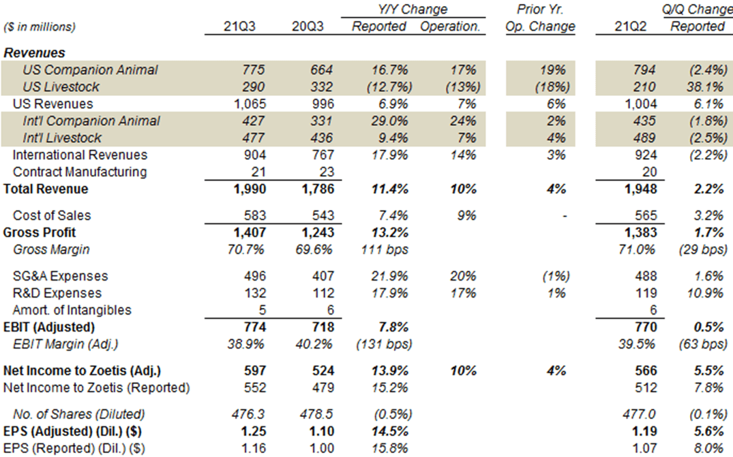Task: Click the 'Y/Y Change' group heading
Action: tap(413, 9)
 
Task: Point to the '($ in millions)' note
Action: tap(40, 27)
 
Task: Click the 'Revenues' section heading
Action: tap(35, 52)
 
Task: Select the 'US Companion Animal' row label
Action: tap(90, 69)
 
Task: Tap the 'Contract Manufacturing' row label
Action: tap(80, 172)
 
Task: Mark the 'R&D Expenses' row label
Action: tap(58, 293)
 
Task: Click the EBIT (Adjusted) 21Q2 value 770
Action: tap(644, 327)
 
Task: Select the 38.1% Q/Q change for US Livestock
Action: tap(706, 86)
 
